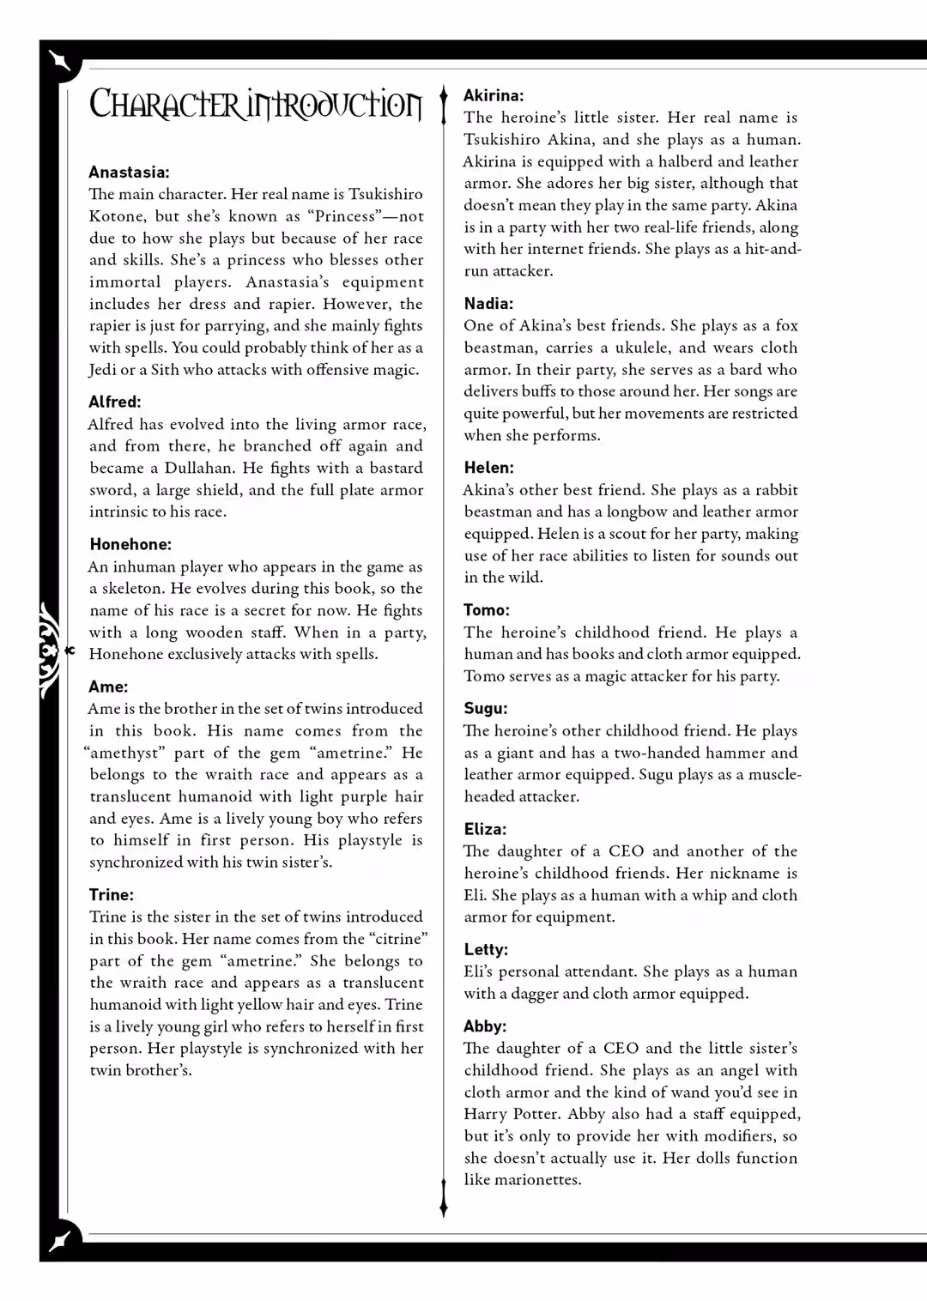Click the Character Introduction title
pyautogui.click(x=256, y=105)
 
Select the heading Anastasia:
pyautogui.click(x=129, y=172)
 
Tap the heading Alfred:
pyautogui.click(x=115, y=402)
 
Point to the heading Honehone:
pyautogui.click(x=130, y=544)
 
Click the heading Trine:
pyautogui.click(x=112, y=894)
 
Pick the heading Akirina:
pyautogui.click(x=494, y=95)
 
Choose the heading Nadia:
pyautogui.click(x=488, y=303)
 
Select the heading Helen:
pyautogui.click(x=488, y=468)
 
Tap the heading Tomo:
pyautogui.click(x=487, y=610)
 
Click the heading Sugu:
pyautogui.click(x=486, y=709)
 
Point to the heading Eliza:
pyautogui.click(x=485, y=829)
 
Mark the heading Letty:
pyautogui.click(x=486, y=949)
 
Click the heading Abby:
pyautogui.click(x=485, y=1026)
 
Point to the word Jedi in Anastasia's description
pyautogui.click(x=102, y=370)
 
